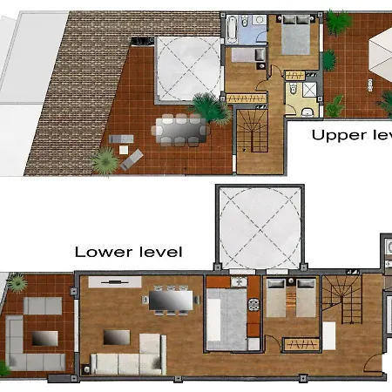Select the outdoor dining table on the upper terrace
[x=181, y=129]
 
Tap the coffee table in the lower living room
[x=115, y=336]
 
